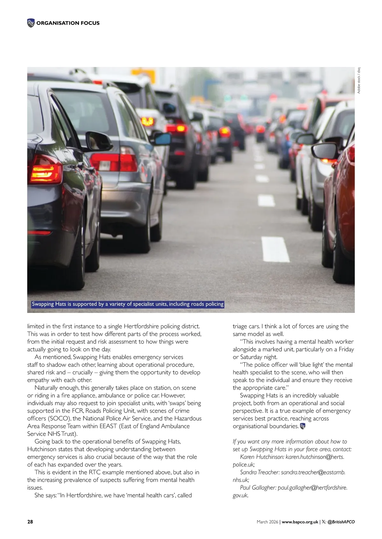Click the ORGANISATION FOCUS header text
[68, 23]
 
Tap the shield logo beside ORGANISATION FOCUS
[31, 23]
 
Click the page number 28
[30, 522]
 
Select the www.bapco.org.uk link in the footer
[300, 522]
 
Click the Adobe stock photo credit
[359, 80]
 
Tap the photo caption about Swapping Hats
[128, 304]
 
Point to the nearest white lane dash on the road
[275, 249]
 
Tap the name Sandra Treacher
[259, 472]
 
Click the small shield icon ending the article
[303, 426]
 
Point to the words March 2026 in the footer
[267, 522]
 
